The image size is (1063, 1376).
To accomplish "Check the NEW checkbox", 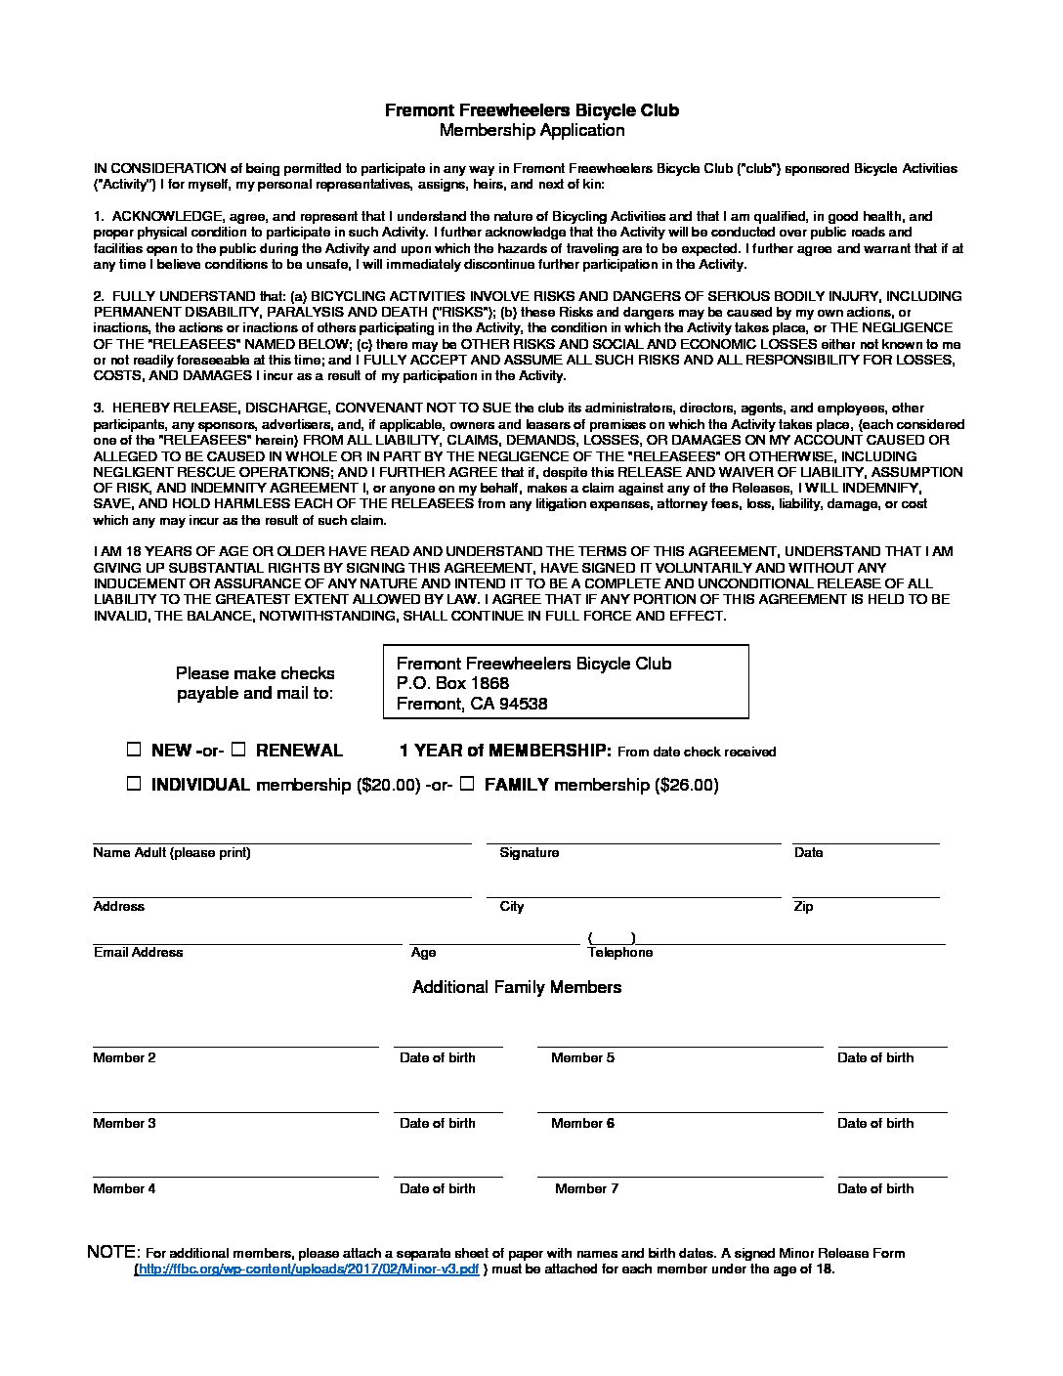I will pyautogui.click(x=134, y=751).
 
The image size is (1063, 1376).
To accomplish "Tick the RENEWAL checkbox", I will pyautogui.click(x=237, y=751).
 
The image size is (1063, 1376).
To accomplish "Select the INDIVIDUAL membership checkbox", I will pyautogui.click(x=134, y=784).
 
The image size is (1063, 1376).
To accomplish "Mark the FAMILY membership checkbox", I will pyautogui.click(x=467, y=784).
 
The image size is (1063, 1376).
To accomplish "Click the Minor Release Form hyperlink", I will pyautogui.click(x=307, y=1268).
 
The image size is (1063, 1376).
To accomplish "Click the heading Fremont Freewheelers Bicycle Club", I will pyautogui.click(x=531, y=110).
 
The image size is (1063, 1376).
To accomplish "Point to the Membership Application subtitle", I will pyautogui.click(x=531, y=130).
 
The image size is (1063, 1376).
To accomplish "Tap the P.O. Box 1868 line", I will pyautogui.click(x=452, y=683).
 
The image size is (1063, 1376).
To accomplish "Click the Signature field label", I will pyautogui.click(x=529, y=852).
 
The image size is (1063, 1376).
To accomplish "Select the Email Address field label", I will pyautogui.click(x=138, y=952).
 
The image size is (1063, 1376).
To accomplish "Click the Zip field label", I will pyautogui.click(x=803, y=906).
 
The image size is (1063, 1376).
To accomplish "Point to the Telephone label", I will pyautogui.click(x=619, y=952).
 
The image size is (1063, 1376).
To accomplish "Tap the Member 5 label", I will pyautogui.click(x=582, y=1057).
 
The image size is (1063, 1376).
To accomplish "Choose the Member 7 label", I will pyautogui.click(x=586, y=1188).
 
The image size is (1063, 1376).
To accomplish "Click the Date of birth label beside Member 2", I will pyautogui.click(x=437, y=1057).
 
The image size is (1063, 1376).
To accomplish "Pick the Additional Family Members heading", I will pyautogui.click(x=517, y=987).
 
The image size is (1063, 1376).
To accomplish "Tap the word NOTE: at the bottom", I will pyautogui.click(x=114, y=1252).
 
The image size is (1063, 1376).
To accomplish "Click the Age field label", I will pyautogui.click(x=423, y=952).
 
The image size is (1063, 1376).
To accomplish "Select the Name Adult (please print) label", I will pyautogui.click(x=172, y=852).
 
